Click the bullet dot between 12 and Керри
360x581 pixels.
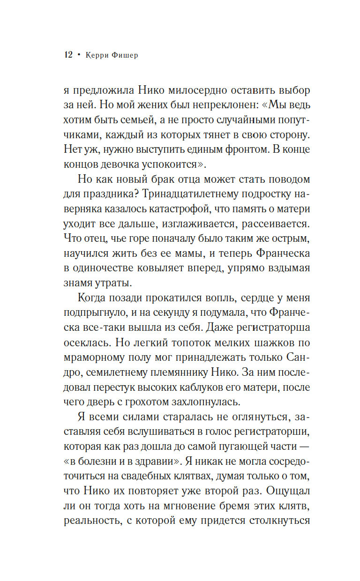[x=79, y=55]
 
